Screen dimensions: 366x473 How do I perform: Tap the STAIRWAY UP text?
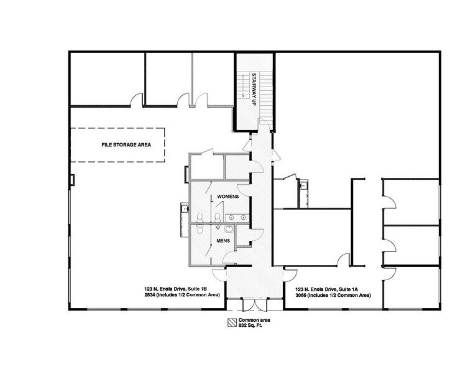tap(254, 90)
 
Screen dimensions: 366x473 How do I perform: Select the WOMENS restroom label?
tap(227, 197)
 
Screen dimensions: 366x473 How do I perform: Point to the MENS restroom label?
tap(223, 240)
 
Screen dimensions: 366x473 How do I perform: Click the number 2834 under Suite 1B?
tap(149, 296)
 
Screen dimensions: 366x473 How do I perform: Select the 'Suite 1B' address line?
tap(176, 289)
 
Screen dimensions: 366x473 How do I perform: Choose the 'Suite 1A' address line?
tap(332, 289)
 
